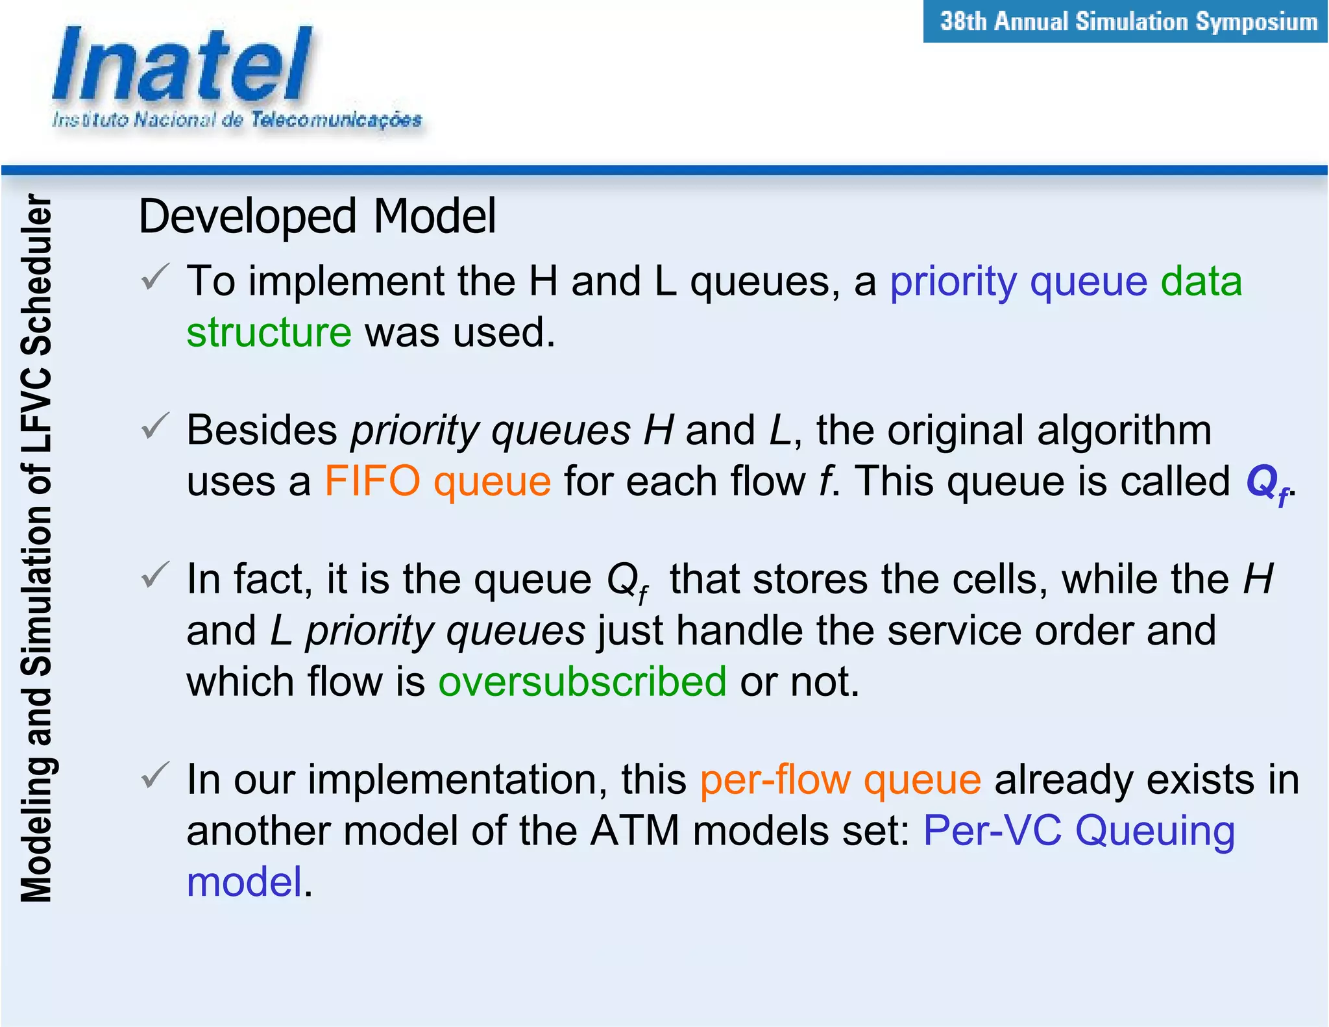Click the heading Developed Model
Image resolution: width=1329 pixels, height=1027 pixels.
317,216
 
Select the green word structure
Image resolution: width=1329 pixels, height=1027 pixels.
269,332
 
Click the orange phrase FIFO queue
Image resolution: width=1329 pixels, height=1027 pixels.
437,482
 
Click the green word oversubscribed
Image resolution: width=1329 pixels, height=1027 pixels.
582,682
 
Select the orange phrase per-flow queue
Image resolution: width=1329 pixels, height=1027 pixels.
840,779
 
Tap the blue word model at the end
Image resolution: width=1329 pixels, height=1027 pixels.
245,882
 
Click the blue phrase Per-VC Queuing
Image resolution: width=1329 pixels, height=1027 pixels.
1079,831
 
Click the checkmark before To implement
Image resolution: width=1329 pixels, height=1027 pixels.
155,277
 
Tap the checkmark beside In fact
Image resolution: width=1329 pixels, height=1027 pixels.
155,575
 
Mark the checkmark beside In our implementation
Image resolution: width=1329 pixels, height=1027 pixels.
155,776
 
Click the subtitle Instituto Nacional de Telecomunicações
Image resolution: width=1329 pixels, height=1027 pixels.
237,120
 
